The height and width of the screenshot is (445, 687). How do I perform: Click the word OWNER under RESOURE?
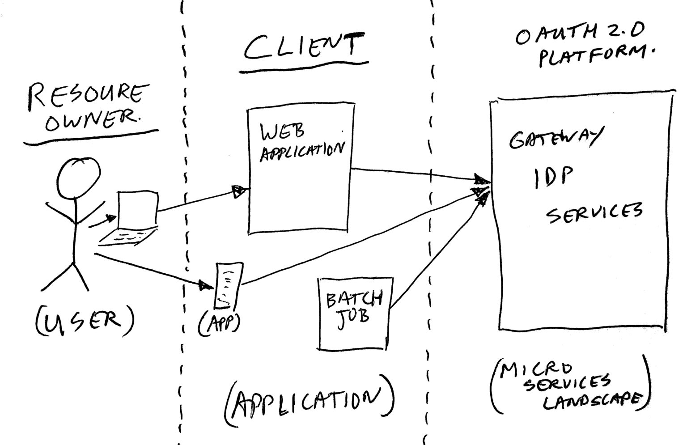tap(91, 119)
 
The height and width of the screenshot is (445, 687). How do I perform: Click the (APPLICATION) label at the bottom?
tap(309, 403)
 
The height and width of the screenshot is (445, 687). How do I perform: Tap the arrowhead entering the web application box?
tap(239, 191)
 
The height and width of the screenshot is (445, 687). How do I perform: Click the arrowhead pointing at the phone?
tap(205, 285)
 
